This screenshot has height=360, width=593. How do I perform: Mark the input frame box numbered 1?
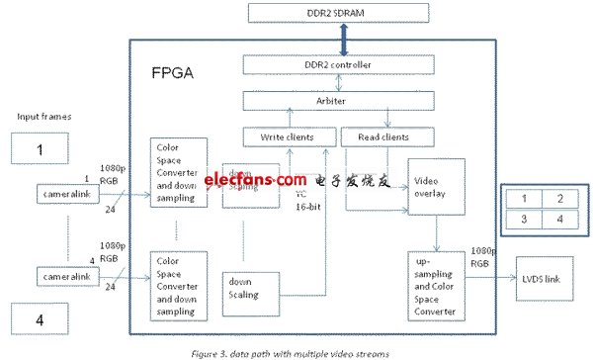click(41, 150)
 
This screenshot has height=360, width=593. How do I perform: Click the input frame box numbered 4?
click(41, 319)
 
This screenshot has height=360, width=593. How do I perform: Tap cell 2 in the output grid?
click(561, 199)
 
